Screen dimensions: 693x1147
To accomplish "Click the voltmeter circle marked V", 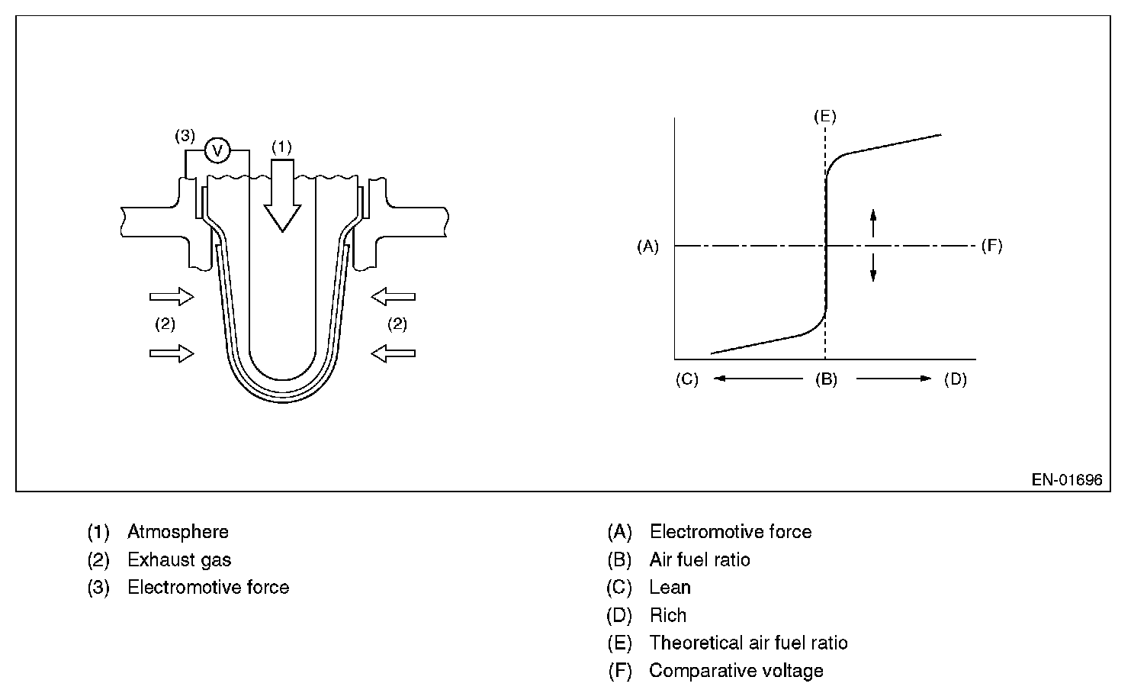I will point(217,150).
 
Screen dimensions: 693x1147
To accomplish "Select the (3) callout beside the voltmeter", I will point(185,136).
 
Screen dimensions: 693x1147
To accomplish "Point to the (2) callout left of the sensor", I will point(165,324).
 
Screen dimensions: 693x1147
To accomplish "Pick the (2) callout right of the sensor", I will point(397,324).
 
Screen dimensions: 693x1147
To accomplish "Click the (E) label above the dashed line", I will point(824,117).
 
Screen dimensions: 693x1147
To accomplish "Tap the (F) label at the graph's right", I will point(991,246).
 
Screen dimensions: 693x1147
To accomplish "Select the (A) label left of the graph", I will point(647,246).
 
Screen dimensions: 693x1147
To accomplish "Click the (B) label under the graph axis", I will point(826,379).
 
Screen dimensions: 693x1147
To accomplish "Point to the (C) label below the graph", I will point(686,379).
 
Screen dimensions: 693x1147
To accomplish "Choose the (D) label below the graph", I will point(955,379).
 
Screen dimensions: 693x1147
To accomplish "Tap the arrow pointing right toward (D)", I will point(894,379).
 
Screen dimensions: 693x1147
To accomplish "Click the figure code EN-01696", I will point(1066,480).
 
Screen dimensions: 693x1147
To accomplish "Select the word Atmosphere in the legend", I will point(178,532).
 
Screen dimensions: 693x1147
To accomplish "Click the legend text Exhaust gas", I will point(179,560).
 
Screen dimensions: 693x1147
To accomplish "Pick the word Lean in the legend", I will point(670,588).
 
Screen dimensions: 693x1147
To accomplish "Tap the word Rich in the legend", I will point(667,615).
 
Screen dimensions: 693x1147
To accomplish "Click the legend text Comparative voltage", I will point(736,671).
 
